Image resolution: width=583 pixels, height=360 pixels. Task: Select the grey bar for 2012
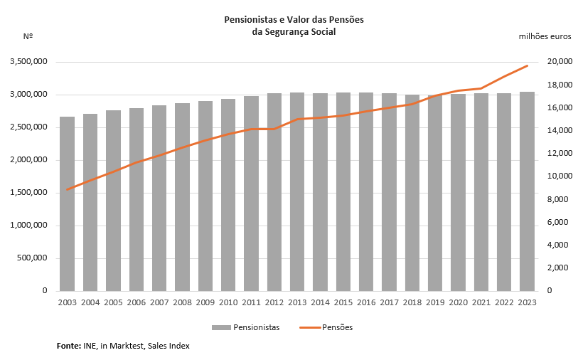pos(274,192)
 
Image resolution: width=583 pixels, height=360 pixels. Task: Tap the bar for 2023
pos(527,191)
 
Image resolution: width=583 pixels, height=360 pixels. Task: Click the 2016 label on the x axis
pos(366,302)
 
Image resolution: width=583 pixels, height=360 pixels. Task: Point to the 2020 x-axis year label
pos(458,302)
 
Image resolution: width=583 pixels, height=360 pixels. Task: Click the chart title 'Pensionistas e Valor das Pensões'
pos(294,20)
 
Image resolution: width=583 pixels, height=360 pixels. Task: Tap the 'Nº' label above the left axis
pos(28,36)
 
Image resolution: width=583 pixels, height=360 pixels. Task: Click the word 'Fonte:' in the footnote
pos(70,346)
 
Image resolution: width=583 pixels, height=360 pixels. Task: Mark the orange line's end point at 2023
pos(527,65)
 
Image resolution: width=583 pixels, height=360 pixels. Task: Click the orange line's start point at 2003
pos(68,189)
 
